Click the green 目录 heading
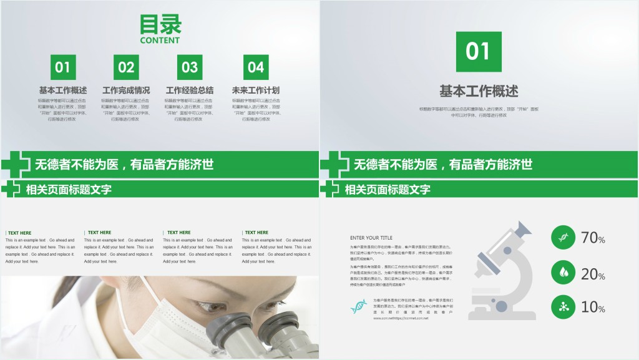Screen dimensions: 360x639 click(x=160, y=25)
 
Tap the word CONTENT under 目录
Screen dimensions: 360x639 click(x=160, y=41)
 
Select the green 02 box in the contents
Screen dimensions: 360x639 click(x=126, y=67)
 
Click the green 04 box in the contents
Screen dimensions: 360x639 click(x=256, y=67)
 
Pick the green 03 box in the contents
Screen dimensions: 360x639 click(x=190, y=67)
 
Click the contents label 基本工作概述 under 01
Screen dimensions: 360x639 click(x=63, y=90)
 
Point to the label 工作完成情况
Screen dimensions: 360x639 click(x=126, y=90)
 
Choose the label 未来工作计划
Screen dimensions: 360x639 click(x=256, y=90)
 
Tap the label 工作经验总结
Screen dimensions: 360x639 click(x=190, y=90)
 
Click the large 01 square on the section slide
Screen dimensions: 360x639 click(x=479, y=52)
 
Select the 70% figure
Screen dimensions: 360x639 click(x=593, y=238)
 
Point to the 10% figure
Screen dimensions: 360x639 click(x=593, y=307)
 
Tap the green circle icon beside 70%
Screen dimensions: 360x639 click(x=563, y=238)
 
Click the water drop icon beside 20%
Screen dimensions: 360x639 click(x=563, y=272)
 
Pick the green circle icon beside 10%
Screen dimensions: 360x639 click(x=563, y=306)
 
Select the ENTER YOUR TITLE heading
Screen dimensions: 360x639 click(x=371, y=238)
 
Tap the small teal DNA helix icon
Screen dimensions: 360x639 click(x=359, y=306)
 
